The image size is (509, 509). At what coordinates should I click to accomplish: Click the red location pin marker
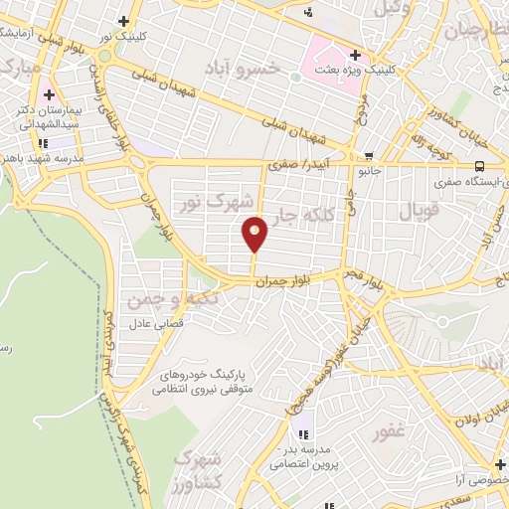click(255, 233)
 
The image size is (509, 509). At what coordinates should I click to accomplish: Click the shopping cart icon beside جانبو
click(370, 156)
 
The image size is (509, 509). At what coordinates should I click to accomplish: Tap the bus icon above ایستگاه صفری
click(480, 166)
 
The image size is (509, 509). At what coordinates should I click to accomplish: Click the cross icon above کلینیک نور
click(123, 21)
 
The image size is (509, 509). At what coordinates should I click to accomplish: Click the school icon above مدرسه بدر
click(304, 433)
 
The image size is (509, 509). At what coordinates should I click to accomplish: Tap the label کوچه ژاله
click(431, 143)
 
